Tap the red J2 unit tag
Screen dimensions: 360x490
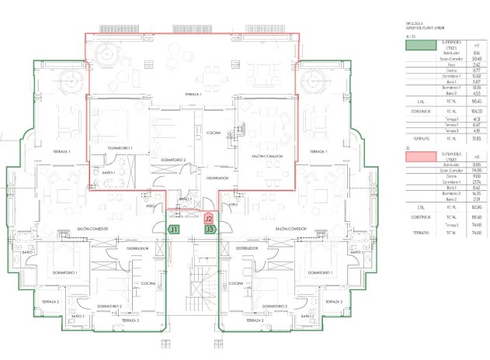click(209, 219)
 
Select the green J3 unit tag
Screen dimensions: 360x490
click(210, 230)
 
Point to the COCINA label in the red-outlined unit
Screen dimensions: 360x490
click(214, 133)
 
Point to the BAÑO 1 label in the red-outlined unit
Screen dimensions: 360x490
click(109, 171)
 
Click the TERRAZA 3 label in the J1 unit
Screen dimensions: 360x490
click(130, 320)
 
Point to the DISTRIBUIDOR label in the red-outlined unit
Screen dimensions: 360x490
click(217, 178)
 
